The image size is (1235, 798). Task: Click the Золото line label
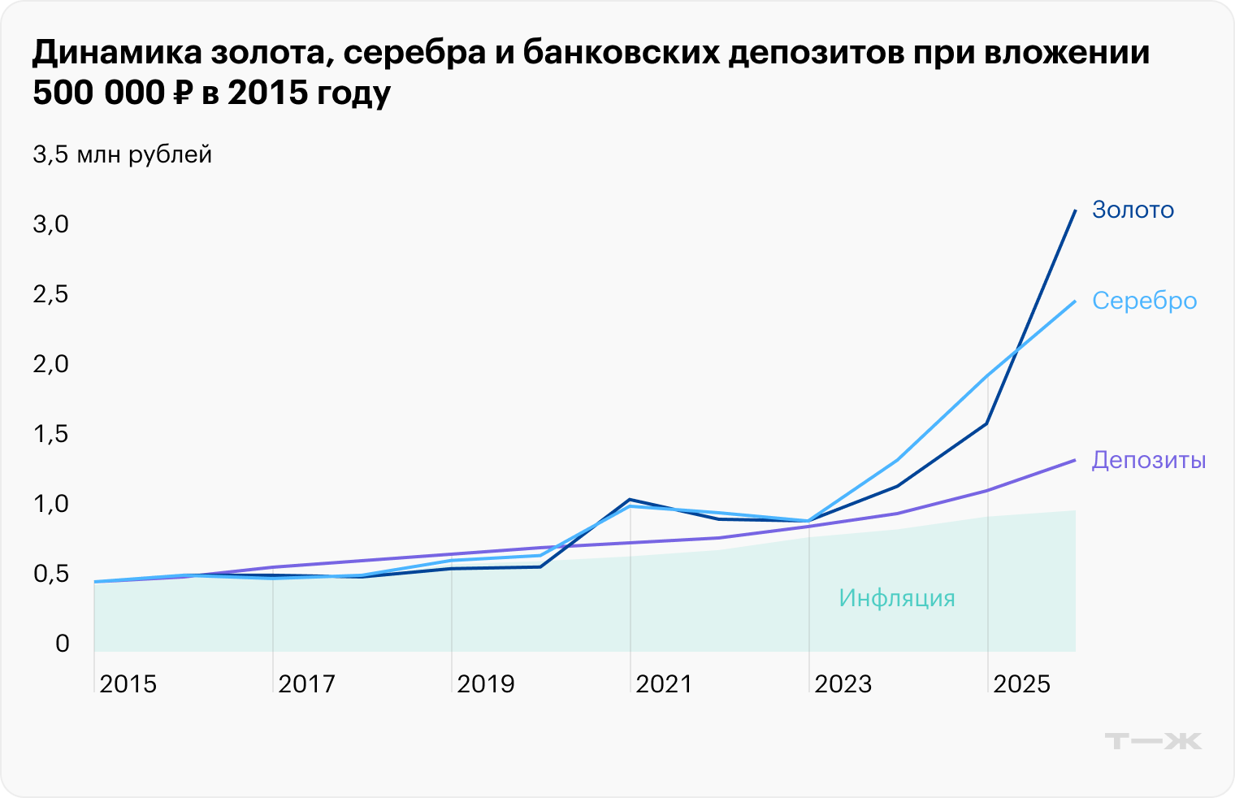coord(1133,210)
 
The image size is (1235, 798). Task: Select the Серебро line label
coord(1144,301)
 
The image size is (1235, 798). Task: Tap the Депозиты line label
coord(1148,460)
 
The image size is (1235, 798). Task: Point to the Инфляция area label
coord(896,598)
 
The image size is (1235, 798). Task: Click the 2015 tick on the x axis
coord(128,684)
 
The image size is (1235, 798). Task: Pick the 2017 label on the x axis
coord(306,684)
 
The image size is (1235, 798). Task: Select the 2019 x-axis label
coord(485,684)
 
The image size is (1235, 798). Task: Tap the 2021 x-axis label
coord(664,684)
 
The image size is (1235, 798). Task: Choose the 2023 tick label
coord(843,684)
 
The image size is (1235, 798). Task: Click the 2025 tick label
coord(1021,684)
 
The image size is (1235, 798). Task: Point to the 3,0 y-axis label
coord(51,224)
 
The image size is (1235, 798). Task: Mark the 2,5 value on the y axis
coord(51,294)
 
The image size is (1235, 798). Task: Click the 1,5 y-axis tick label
coord(51,434)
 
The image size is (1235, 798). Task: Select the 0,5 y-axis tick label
coord(51,574)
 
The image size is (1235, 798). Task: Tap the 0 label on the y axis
coord(63,644)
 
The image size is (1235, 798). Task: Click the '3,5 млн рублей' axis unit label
coord(122,154)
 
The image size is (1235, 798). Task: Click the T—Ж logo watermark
coord(1152,741)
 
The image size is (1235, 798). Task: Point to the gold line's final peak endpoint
coord(1076,210)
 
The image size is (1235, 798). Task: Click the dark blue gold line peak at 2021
coord(630,499)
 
